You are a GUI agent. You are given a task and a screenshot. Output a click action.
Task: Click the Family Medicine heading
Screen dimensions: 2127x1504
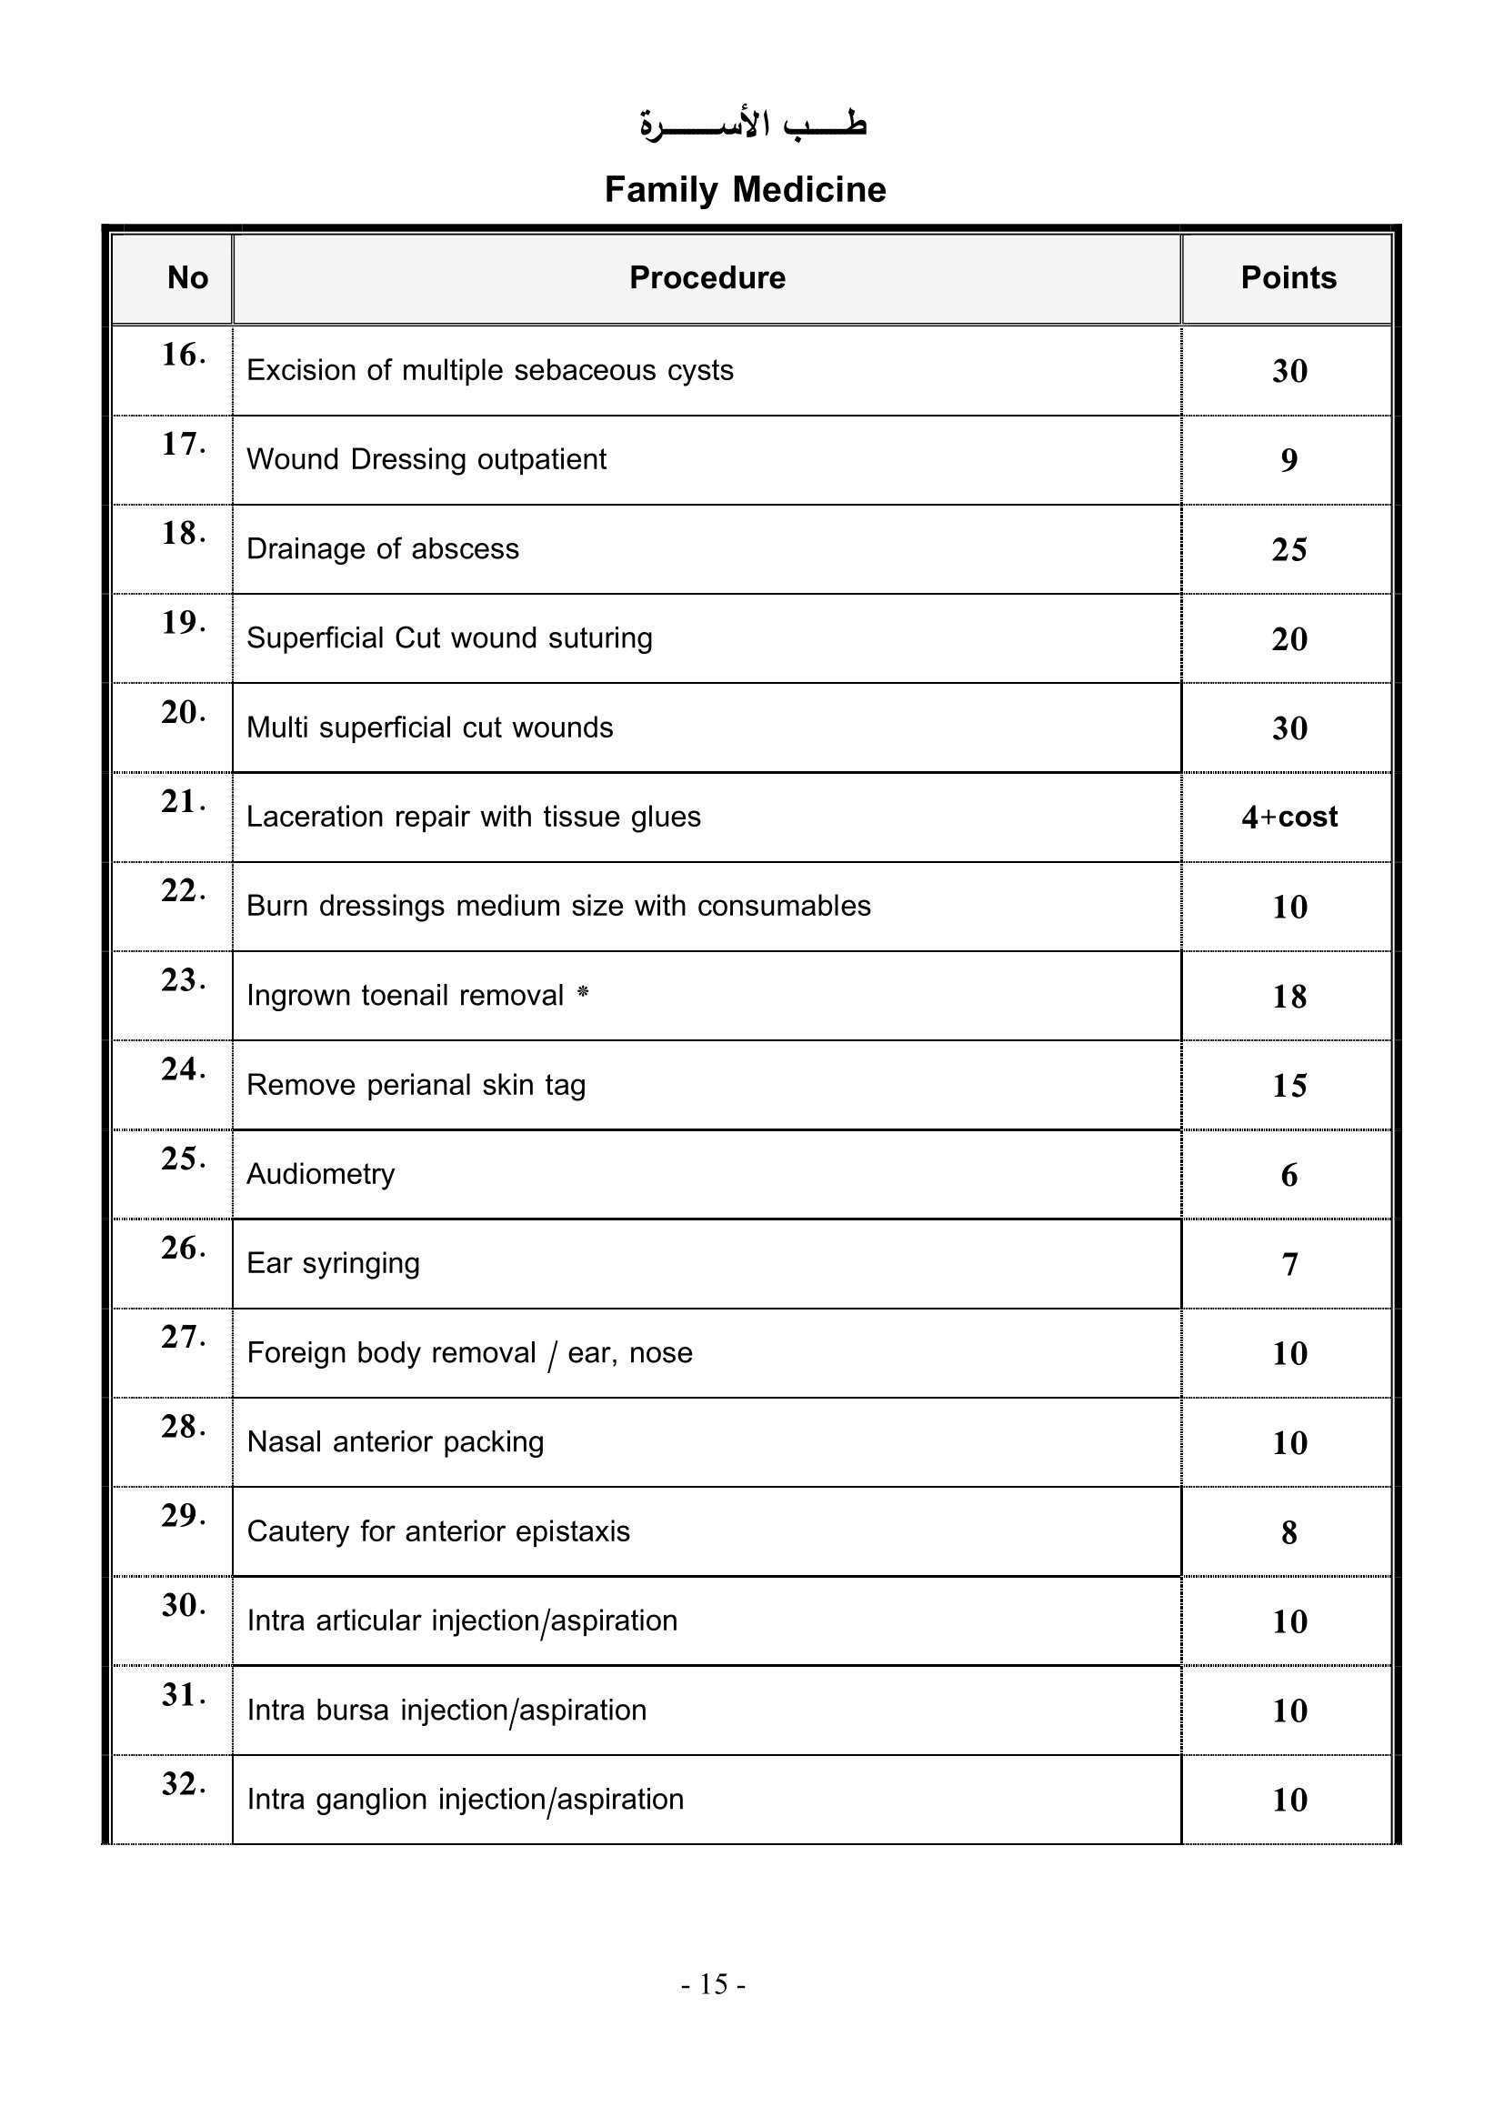(745, 190)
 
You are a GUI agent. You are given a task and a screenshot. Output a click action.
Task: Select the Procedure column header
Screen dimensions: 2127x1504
(707, 278)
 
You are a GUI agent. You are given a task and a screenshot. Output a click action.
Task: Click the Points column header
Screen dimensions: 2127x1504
(1288, 278)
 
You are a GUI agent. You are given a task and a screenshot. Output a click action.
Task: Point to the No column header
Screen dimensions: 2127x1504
(187, 278)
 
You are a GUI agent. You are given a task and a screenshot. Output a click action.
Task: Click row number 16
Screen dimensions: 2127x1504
(183, 355)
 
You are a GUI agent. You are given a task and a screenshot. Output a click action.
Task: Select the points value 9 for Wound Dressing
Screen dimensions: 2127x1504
(1289, 460)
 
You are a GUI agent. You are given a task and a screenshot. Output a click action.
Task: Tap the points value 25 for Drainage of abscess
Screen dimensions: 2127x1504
(1289, 549)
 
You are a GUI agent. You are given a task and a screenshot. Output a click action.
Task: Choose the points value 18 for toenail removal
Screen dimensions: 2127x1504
(1289, 997)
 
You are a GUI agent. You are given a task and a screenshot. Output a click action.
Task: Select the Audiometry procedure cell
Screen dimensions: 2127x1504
(320, 1175)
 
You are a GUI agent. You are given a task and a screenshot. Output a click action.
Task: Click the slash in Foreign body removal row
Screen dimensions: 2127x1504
(552, 1355)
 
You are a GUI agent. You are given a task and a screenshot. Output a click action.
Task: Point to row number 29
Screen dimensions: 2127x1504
(183, 1516)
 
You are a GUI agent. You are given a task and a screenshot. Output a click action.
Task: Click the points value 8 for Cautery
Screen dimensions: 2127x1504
(1289, 1532)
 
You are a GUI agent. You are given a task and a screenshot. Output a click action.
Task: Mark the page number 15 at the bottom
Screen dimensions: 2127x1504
(713, 1984)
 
